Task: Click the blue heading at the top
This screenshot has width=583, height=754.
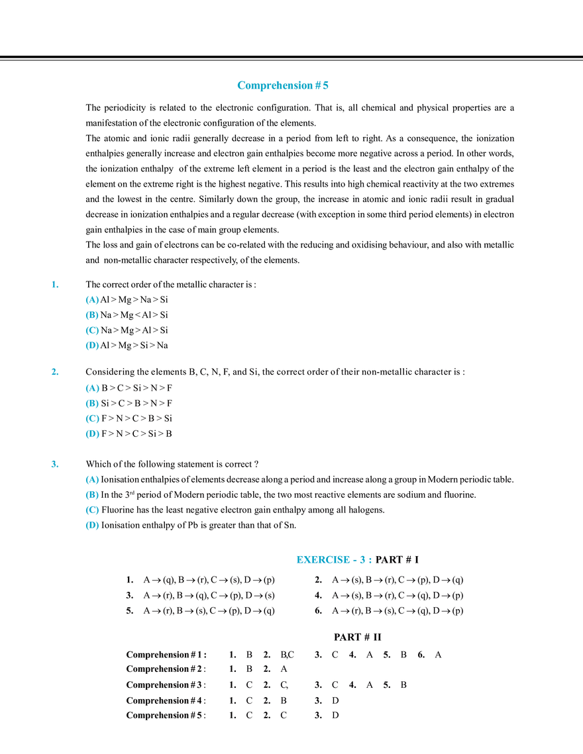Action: click(x=283, y=86)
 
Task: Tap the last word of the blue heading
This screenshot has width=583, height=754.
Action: click(x=317, y=86)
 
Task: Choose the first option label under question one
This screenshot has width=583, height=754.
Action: click(x=93, y=301)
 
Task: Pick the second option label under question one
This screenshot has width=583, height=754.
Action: click(x=93, y=316)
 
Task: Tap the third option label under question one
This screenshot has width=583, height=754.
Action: click(x=93, y=331)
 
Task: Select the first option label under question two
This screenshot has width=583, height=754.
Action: click(x=93, y=389)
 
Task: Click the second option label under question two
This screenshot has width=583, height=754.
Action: click(x=93, y=404)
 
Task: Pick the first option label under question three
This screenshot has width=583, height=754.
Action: click(x=93, y=479)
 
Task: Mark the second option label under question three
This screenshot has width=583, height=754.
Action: click(x=93, y=495)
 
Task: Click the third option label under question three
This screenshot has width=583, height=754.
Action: click(x=93, y=510)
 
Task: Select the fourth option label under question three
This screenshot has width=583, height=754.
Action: click(x=93, y=526)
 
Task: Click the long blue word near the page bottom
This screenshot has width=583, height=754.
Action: click(x=321, y=560)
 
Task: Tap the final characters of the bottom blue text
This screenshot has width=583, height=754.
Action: click(x=366, y=560)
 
